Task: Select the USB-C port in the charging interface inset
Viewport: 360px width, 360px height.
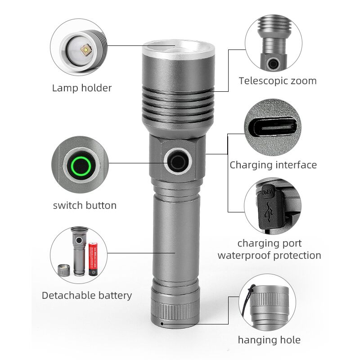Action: click(x=273, y=127)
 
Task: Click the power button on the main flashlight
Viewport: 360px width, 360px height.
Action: click(x=178, y=161)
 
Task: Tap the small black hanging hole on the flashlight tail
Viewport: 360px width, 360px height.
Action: click(x=162, y=324)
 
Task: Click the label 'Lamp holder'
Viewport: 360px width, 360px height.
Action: click(x=82, y=88)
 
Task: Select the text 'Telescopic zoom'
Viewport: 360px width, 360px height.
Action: click(x=278, y=81)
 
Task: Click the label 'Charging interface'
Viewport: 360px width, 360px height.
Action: click(x=273, y=165)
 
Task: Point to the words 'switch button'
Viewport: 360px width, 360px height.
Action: click(x=85, y=206)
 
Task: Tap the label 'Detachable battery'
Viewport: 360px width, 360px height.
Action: click(x=87, y=295)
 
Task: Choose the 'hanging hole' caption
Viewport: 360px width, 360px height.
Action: click(x=269, y=340)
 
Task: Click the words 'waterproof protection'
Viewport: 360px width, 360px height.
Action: click(x=269, y=255)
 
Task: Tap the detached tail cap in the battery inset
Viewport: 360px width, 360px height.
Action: click(x=63, y=270)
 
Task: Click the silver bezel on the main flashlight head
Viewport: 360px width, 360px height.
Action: click(x=178, y=50)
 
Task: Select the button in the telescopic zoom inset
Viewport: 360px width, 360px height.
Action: click(x=273, y=63)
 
